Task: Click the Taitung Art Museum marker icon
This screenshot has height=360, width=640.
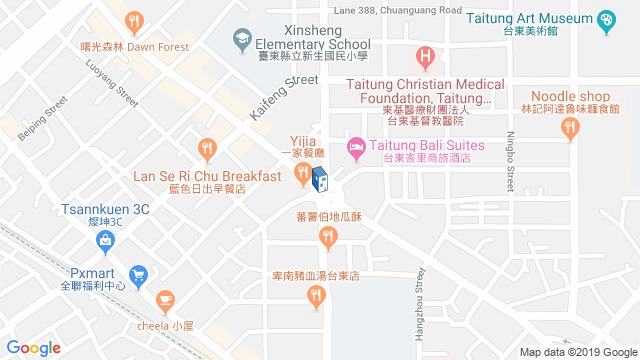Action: (606, 19)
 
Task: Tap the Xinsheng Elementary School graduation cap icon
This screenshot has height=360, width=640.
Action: (241, 39)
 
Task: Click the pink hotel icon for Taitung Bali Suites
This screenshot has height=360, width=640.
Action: (355, 148)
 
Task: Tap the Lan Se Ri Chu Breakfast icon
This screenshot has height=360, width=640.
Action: (207, 150)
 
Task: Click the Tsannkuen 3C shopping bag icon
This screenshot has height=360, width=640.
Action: (105, 239)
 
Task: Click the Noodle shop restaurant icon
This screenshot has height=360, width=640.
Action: (571, 127)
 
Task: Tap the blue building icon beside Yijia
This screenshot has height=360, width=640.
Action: (320, 179)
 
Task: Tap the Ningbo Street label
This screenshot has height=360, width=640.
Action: (509, 164)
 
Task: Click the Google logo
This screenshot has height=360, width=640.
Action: (34, 347)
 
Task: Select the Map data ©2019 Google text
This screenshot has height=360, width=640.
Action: (577, 351)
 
